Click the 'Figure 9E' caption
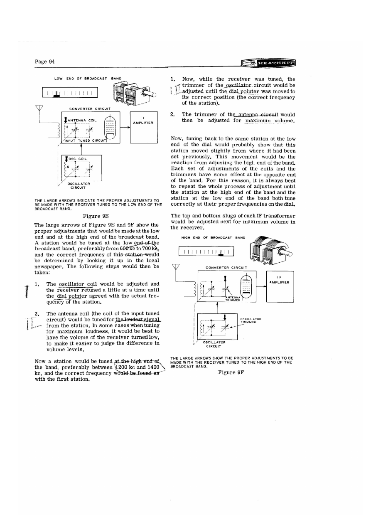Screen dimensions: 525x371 [98, 216]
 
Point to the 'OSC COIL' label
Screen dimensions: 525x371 [78, 158]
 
